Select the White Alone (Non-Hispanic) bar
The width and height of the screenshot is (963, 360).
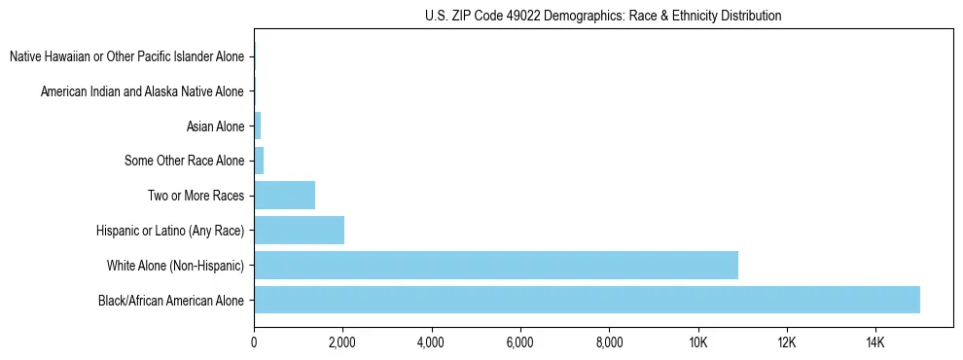[496, 265]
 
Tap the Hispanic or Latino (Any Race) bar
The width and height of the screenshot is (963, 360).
[299, 230]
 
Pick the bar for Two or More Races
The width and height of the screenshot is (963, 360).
[284, 195]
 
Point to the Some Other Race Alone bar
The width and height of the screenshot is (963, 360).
[259, 161]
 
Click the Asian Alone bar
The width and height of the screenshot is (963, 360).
[258, 126]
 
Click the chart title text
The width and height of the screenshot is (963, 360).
[603, 16]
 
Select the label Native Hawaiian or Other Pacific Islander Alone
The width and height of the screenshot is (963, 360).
[126, 56]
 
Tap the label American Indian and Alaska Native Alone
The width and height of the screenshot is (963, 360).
[142, 91]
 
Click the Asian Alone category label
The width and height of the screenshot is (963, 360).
[215, 126]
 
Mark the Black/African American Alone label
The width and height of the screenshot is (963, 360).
[171, 300]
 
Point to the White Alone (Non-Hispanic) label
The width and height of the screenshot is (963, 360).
[176, 265]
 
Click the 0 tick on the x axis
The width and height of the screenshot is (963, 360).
[254, 342]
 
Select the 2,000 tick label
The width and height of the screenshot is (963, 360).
[342, 342]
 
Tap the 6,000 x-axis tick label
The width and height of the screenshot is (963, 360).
[520, 342]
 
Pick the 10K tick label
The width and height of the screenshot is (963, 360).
[697, 342]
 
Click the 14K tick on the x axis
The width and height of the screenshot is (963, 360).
[875, 342]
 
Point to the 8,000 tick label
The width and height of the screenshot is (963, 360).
[609, 342]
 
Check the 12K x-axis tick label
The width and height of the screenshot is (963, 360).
[787, 342]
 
